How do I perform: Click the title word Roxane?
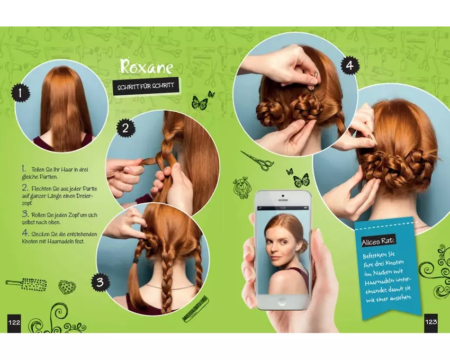point(146,67)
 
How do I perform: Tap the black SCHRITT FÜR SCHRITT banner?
point(146,86)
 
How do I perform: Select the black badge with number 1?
point(20,94)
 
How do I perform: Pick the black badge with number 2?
point(125,128)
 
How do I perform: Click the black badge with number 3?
point(100,282)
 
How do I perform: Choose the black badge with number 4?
point(350,66)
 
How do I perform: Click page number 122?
point(14,322)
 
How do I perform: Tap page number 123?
point(431,322)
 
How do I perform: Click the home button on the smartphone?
point(282,301)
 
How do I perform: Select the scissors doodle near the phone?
point(257,160)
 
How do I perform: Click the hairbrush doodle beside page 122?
point(26,284)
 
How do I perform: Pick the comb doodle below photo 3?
point(196,309)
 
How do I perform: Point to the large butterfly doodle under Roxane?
point(200,103)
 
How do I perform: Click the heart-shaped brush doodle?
point(67,286)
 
